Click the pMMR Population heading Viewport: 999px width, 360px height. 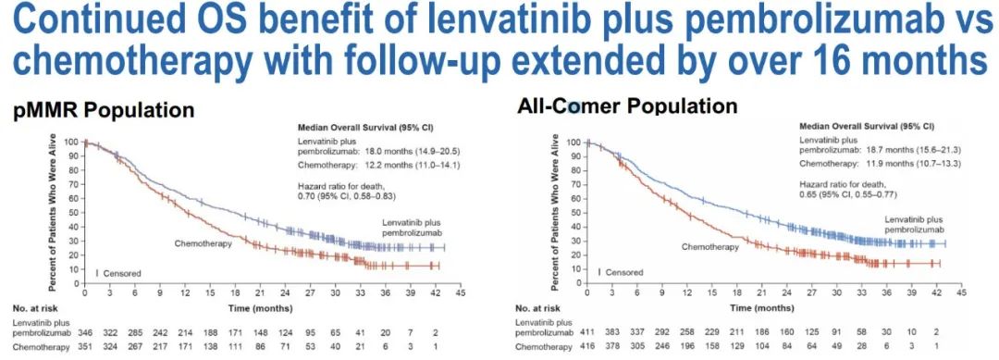coord(103,110)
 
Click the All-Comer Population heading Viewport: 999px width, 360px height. coord(628,106)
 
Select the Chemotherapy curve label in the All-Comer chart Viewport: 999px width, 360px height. coord(710,247)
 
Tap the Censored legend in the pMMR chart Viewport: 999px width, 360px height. coord(122,273)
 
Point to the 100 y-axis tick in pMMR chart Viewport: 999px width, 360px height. coord(71,143)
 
